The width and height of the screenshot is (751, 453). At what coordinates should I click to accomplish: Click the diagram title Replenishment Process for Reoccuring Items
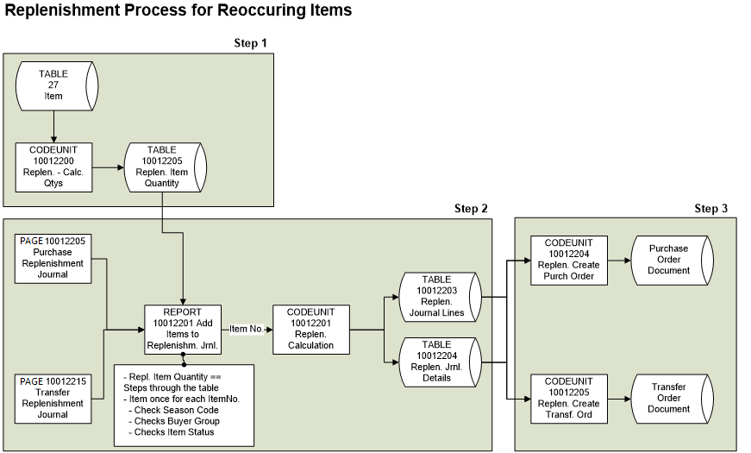point(178,11)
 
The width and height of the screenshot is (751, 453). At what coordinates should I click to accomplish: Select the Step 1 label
point(251,43)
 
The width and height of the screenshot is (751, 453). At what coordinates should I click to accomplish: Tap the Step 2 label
point(471,209)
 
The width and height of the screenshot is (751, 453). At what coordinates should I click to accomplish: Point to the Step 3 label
point(711,209)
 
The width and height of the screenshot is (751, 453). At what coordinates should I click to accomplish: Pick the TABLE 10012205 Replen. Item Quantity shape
point(163,167)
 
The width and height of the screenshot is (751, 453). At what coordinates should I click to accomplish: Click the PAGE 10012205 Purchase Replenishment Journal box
point(53,257)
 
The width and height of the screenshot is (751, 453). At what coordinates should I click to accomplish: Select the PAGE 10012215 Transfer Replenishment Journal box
point(53,397)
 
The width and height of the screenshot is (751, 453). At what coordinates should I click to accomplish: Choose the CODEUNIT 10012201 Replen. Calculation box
point(310,329)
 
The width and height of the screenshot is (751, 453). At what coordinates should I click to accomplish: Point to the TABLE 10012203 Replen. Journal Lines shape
point(438,296)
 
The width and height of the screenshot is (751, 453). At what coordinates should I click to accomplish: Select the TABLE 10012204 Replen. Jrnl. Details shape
point(438,362)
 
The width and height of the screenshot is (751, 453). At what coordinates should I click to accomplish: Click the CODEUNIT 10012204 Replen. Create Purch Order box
point(569,259)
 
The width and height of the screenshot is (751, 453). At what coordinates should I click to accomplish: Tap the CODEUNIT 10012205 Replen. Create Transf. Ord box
point(569,398)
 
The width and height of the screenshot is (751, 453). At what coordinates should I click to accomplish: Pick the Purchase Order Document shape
point(670,259)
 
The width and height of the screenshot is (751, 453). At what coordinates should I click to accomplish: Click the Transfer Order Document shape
point(670,398)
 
